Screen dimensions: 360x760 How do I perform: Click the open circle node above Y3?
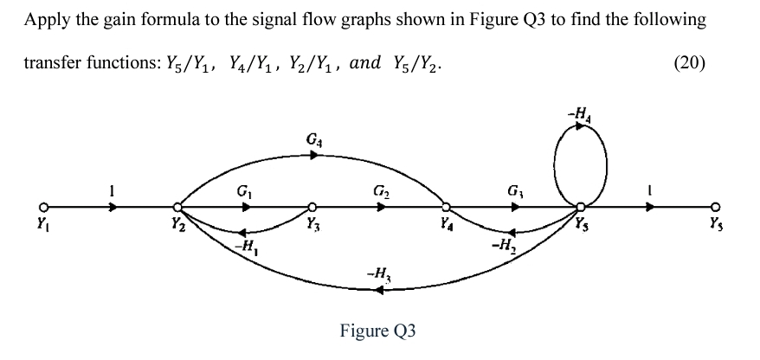[x=312, y=209]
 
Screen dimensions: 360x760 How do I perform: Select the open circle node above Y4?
[x=446, y=209]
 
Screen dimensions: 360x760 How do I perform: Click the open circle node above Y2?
[x=177, y=209]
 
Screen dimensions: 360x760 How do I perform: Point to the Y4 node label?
[x=445, y=230]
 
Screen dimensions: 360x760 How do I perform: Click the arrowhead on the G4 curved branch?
[x=316, y=156]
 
